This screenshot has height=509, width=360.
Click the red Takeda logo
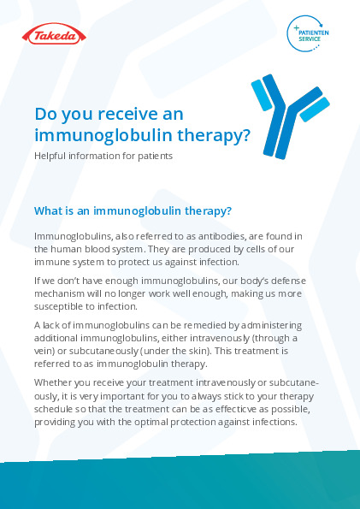click(54, 33)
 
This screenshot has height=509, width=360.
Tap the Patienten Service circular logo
click(308, 33)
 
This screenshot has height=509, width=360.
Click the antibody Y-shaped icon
click(290, 116)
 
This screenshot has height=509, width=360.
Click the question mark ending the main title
click(246, 136)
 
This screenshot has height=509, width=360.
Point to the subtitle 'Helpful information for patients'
click(103, 157)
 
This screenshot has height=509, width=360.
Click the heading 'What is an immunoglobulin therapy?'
click(133, 211)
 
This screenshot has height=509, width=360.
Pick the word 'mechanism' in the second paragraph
click(54, 293)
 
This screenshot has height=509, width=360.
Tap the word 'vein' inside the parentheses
click(41, 351)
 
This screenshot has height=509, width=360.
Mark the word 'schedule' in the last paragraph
click(50, 409)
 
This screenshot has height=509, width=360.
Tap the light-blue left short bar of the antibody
click(262, 96)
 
